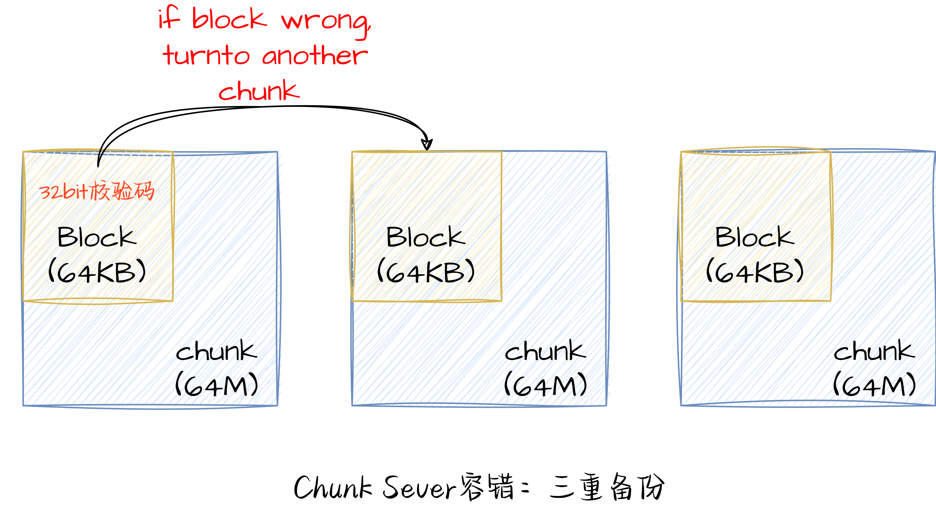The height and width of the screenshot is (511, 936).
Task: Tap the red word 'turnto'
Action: [206, 56]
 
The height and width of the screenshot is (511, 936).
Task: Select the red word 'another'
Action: [315, 56]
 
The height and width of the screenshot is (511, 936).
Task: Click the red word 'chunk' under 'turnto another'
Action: [259, 91]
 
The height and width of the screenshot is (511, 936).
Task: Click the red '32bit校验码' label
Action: [97, 191]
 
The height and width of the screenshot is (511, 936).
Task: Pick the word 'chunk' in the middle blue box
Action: [545, 351]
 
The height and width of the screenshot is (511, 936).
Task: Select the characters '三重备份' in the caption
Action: [607, 487]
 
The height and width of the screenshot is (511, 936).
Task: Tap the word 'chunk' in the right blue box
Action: [874, 351]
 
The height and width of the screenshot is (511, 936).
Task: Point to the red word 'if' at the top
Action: [169, 18]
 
